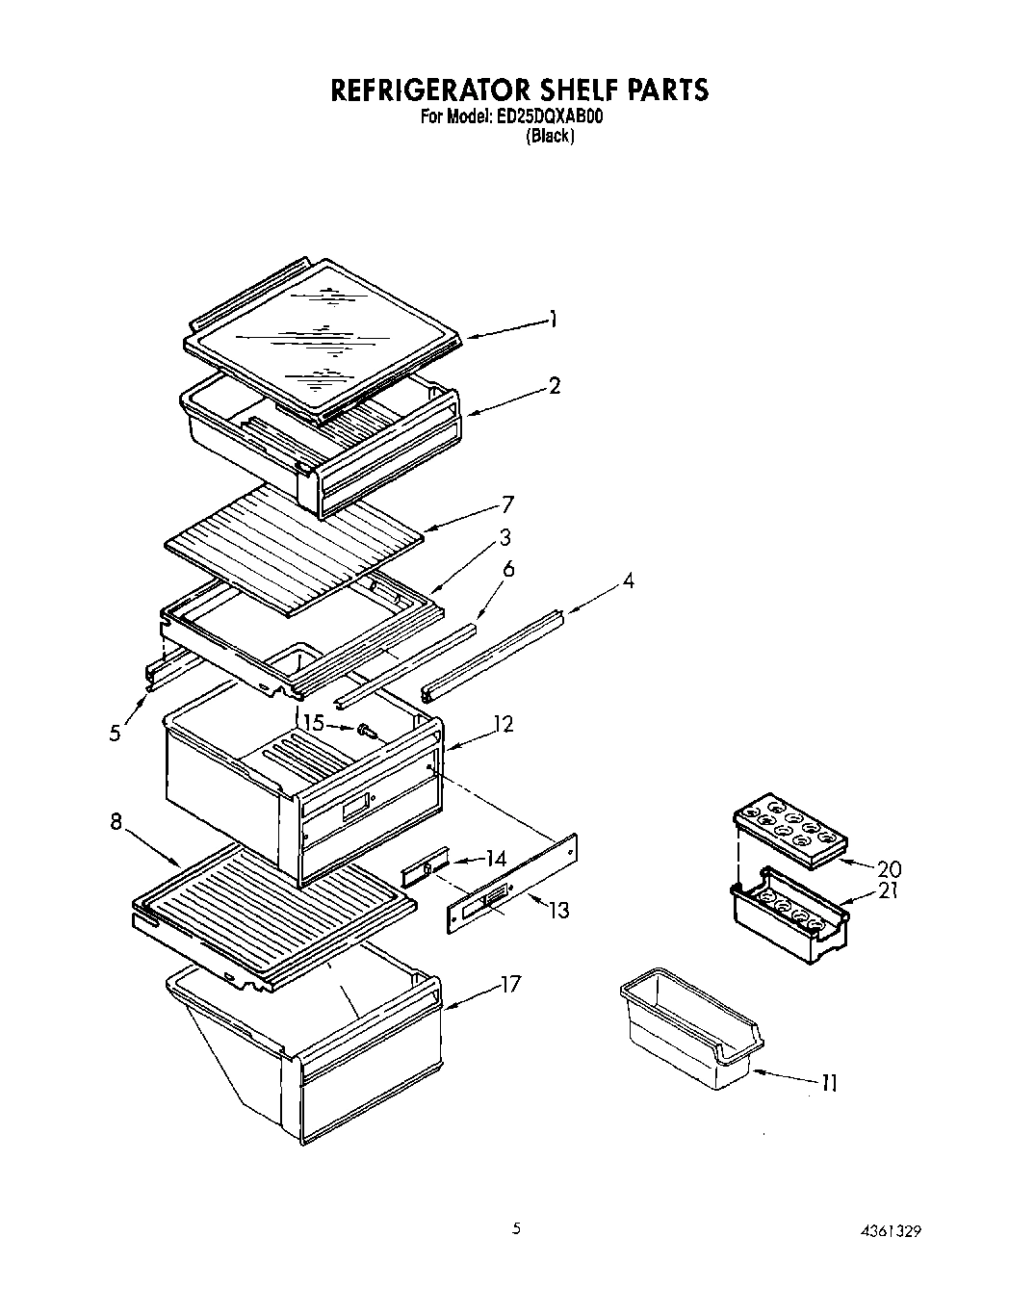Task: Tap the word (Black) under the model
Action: tap(550, 137)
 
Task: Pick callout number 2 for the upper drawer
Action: tap(554, 386)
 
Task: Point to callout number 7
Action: tap(507, 504)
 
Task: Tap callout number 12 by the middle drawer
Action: tap(502, 724)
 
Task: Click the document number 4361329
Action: tap(893, 1229)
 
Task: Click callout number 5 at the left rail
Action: tap(116, 733)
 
